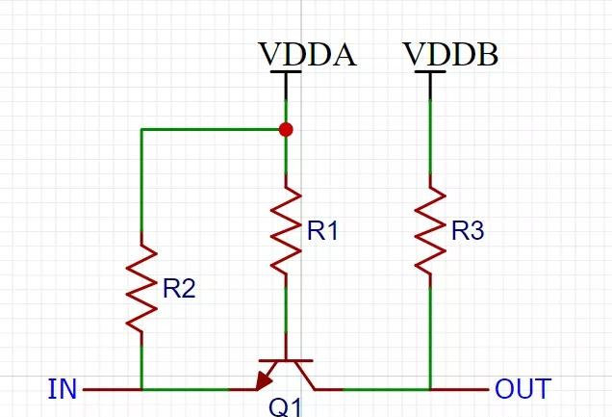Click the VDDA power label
307,55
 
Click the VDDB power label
450,55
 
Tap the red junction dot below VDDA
286,129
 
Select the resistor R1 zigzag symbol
286,230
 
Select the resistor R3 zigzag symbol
430,230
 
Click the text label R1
322,231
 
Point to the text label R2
179,289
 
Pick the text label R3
467,231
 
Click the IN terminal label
62,390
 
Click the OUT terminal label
523,390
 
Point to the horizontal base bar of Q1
286,361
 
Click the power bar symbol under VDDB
430,73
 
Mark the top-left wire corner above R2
142,129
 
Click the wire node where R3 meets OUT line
430,390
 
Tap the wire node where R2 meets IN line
142,390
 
